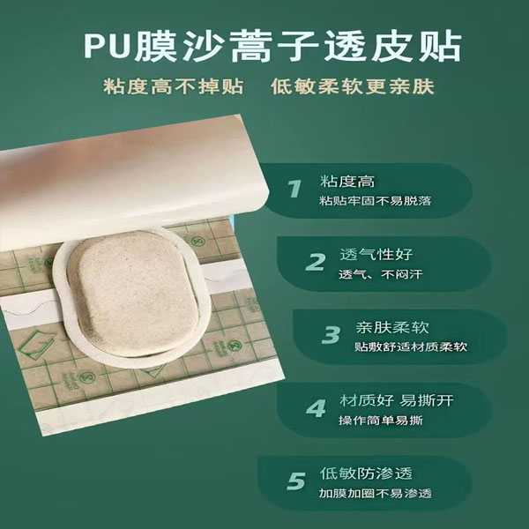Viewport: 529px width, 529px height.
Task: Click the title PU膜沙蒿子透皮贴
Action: click(x=272, y=47)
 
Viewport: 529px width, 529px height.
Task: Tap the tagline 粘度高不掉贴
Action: click(x=174, y=86)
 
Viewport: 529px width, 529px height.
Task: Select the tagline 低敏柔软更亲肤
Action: click(x=352, y=86)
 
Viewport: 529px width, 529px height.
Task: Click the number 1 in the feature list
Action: click(x=294, y=189)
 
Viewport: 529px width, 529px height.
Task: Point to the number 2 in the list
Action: click(x=316, y=262)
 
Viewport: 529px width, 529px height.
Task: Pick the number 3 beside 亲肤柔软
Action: click(x=331, y=335)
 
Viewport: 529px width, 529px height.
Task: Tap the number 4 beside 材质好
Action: click(x=316, y=408)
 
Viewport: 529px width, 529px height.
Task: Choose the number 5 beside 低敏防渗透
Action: click(x=296, y=481)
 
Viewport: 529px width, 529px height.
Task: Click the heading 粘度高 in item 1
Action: click(x=347, y=182)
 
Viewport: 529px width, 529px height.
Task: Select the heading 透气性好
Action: click(x=376, y=255)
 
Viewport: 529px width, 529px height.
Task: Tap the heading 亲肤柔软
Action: click(x=392, y=327)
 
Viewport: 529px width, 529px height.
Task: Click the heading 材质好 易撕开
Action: click(x=397, y=400)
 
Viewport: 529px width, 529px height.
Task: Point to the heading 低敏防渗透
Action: click(x=366, y=473)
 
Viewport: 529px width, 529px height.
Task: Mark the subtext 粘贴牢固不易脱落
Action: click(x=376, y=201)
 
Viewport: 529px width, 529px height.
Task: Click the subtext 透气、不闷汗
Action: click(x=381, y=274)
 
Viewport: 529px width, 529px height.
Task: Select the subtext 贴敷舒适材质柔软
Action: click(x=411, y=346)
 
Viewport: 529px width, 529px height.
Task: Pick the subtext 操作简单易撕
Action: click(x=381, y=420)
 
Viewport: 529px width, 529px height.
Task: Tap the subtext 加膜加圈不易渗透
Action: click(x=376, y=493)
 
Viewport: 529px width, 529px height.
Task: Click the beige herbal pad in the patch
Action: click(x=132, y=293)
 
